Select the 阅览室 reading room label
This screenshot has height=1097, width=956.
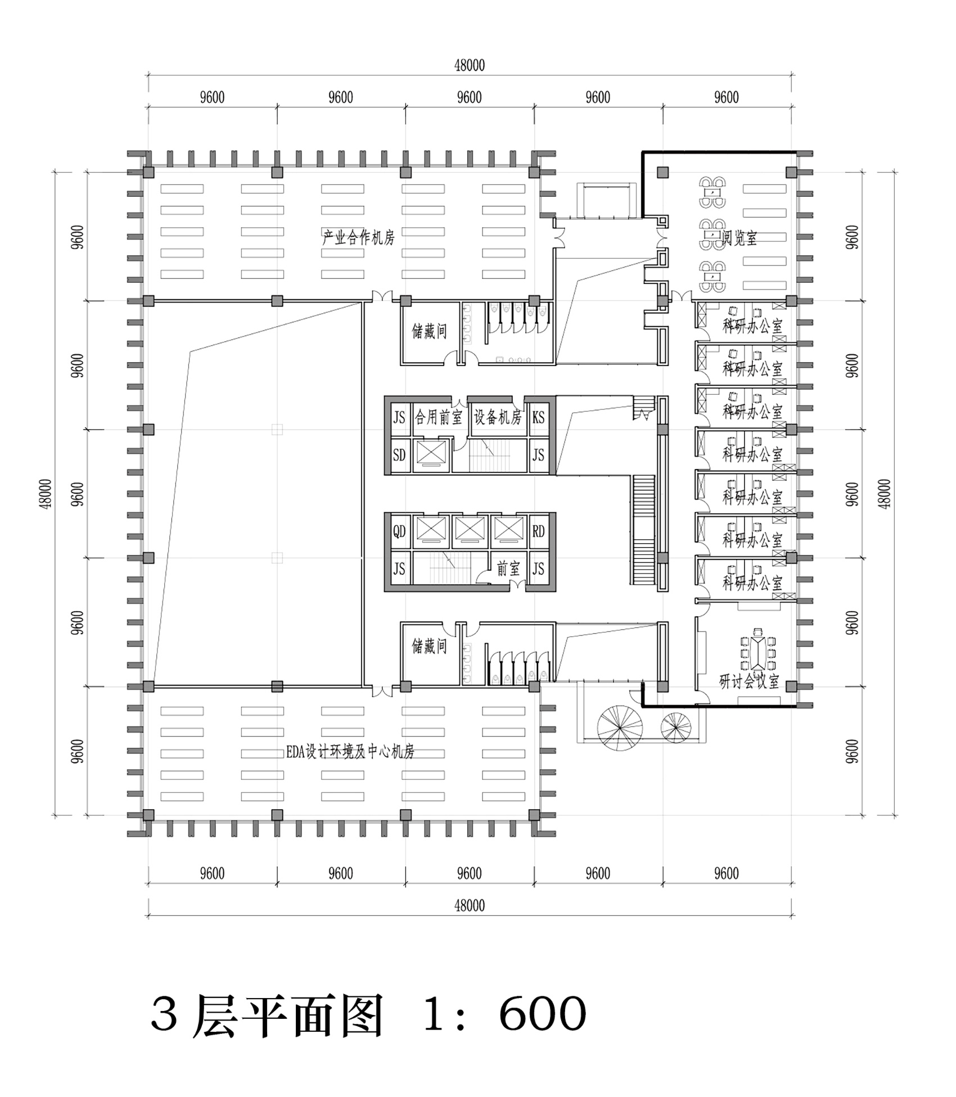tap(739, 238)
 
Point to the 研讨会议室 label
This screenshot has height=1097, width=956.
tap(749, 681)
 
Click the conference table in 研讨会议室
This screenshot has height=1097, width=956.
tap(758, 652)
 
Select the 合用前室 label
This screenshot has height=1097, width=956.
tap(438, 417)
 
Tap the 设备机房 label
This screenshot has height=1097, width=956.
tap(498, 417)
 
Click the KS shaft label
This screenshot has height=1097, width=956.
tap(538, 417)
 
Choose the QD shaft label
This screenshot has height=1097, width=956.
tap(399, 531)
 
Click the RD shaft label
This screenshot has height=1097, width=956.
tap(538, 531)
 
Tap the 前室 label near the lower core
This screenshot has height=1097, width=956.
tap(508, 569)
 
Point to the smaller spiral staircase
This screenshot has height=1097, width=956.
tap(675, 727)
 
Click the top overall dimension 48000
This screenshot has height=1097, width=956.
tap(470, 65)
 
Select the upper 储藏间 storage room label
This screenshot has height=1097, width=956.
tap(429, 331)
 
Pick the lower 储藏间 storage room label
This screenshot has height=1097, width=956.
tap(429, 646)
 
